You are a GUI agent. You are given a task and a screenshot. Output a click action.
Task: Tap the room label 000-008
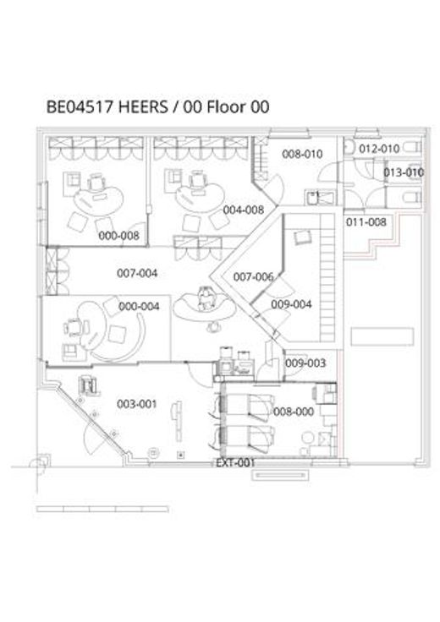pyautogui.click(x=118, y=236)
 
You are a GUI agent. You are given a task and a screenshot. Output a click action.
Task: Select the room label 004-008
pyautogui.click(x=244, y=210)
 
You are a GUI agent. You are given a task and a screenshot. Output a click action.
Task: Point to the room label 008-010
pyautogui.click(x=302, y=154)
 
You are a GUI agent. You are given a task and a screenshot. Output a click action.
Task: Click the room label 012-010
pyautogui.click(x=379, y=149)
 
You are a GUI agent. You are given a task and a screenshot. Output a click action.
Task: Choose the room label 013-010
pyautogui.click(x=404, y=172)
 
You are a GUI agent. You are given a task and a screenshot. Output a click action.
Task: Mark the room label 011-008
pyautogui.click(x=366, y=222)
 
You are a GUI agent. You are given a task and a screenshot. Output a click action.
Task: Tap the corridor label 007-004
pyautogui.click(x=137, y=273)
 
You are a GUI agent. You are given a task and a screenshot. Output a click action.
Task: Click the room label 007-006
pyautogui.click(x=253, y=277)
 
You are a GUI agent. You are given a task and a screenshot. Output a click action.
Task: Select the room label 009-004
pyautogui.click(x=291, y=304)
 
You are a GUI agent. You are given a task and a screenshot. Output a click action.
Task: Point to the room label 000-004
pyautogui.click(x=139, y=306)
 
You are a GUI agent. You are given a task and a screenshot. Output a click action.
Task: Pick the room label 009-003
pyautogui.click(x=305, y=363)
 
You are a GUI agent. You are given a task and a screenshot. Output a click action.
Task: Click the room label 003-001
pyautogui.click(x=137, y=404)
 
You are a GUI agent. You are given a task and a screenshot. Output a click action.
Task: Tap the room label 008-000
pyautogui.click(x=294, y=412)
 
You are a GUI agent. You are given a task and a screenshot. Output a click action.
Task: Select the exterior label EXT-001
pyautogui.click(x=235, y=463)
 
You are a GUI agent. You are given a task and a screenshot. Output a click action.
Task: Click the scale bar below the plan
pyautogui.click(x=102, y=509)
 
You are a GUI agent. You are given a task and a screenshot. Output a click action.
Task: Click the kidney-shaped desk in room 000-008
pyautogui.click(x=98, y=201)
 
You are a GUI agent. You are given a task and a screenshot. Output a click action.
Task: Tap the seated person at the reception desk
pyautogui.click(x=206, y=298)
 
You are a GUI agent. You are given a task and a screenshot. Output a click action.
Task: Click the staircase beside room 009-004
pyautogui.click(x=327, y=278)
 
